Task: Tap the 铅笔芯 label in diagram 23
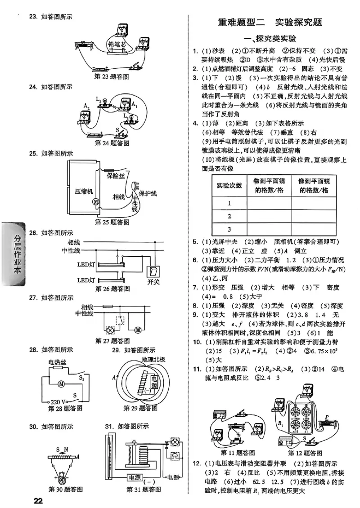pos(118,44)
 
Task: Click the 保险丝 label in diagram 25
pos(116,176)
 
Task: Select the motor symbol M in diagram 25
pos(95,202)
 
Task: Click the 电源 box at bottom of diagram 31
pos(135,477)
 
